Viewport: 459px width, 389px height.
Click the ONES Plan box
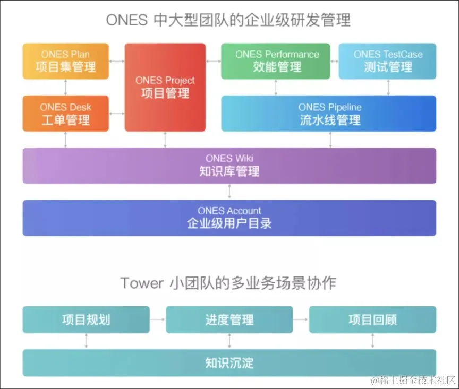coord(66,61)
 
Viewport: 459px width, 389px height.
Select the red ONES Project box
coord(165,88)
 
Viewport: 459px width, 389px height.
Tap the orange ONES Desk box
coord(66,114)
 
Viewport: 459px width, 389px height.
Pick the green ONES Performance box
coord(277,61)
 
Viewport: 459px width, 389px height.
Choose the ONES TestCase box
coord(388,61)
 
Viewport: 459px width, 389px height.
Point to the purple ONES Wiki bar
coord(229,166)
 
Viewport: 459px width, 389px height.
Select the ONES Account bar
coord(229,218)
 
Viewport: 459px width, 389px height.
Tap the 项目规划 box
coord(86,319)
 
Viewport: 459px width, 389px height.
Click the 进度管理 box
coord(229,319)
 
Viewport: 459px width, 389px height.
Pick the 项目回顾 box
coord(372,319)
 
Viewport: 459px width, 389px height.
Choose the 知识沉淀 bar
coord(229,363)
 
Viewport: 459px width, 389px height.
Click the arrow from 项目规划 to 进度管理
coord(158,319)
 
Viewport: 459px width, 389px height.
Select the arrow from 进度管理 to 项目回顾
coord(301,319)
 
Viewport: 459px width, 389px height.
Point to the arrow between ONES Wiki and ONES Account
coord(229,192)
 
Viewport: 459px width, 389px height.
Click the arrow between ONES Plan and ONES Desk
coord(66,87)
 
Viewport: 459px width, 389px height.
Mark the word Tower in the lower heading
coord(142,282)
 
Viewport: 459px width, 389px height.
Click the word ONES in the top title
coord(126,20)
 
